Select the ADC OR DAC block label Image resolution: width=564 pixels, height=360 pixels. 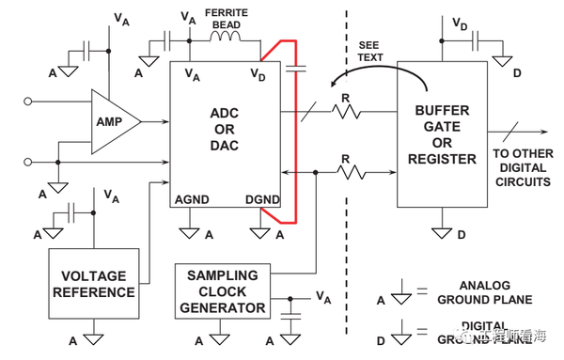[224, 130]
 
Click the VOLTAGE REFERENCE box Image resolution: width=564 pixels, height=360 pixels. [92, 283]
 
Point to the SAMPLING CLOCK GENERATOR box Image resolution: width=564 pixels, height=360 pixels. [222, 290]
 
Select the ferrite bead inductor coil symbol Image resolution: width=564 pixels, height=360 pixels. [226, 39]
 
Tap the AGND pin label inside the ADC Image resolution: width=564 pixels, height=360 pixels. [192, 200]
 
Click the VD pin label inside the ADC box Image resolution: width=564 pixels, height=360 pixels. [258, 73]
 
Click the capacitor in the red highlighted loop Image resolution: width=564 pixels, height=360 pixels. [299, 68]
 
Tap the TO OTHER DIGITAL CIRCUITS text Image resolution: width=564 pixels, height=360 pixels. [522, 167]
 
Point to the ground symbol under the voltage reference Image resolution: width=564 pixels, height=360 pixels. [92, 334]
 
